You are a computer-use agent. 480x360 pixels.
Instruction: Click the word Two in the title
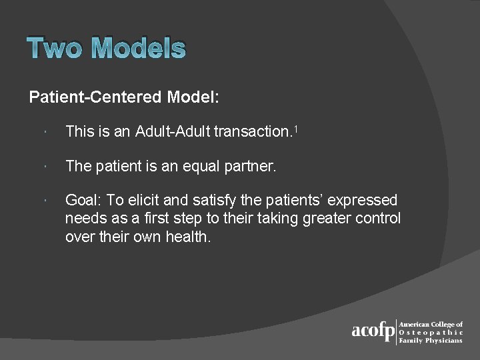tap(55, 49)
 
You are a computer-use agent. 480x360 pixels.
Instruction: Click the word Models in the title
tap(138, 49)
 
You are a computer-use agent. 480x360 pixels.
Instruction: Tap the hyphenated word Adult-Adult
tap(172, 132)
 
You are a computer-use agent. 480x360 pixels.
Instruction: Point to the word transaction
tap(251, 132)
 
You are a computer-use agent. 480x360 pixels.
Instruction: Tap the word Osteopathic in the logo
tap(431, 332)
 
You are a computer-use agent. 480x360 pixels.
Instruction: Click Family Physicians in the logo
tap(431, 340)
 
